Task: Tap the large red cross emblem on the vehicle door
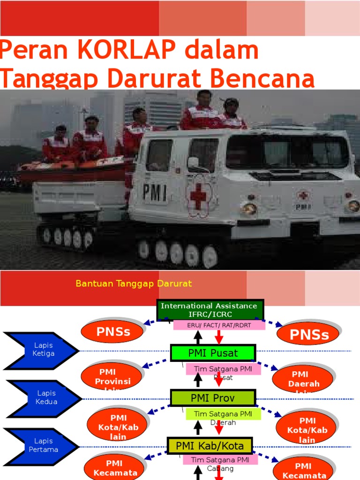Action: coord(198,195)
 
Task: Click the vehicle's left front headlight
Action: coord(249,208)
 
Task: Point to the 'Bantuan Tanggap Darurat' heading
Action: coord(134,284)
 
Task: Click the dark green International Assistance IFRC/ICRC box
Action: coord(210,310)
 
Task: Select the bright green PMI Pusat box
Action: coord(213,353)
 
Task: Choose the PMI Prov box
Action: coord(212,398)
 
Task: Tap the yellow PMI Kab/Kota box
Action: coord(210,445)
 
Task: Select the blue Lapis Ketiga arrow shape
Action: coord(41,350)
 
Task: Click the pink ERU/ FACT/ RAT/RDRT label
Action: coord(219,325)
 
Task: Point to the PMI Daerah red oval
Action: coord(302,379)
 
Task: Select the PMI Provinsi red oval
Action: coord(112,376)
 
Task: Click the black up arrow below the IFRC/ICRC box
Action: coord(198,337)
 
